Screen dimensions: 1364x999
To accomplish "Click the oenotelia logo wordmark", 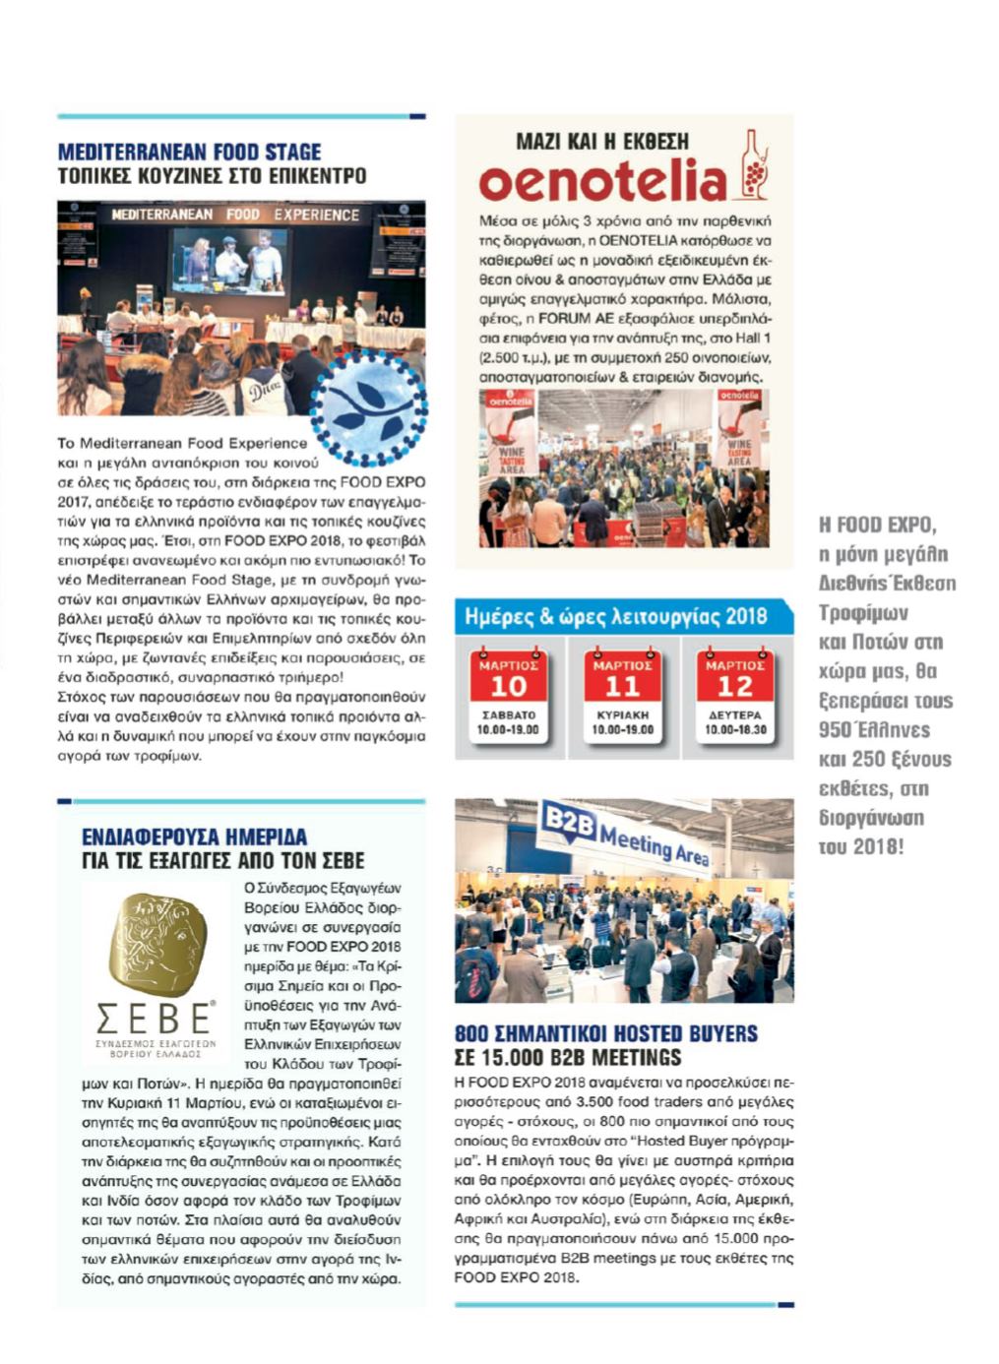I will [x=602, y=182].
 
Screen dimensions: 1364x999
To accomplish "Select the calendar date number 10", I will [x=508, y=686].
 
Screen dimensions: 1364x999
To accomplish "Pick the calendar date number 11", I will [x=622, y=686].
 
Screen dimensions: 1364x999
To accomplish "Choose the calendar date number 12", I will [x=735, y=686].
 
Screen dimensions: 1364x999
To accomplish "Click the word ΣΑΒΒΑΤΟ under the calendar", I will [x=508, y=715].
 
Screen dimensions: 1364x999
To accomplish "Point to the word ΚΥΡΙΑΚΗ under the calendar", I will [x=622, y=715].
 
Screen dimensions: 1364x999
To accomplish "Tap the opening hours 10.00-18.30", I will [x=735, y=730].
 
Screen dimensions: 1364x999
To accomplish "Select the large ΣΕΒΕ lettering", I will [x=155, y=1017].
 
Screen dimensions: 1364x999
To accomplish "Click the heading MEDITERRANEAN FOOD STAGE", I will [x=189, y=153].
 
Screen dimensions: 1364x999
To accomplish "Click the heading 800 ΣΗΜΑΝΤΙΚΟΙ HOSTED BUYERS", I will [x=606, y=1033].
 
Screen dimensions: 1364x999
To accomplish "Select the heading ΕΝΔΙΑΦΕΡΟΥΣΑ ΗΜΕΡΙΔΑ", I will [x=194, y=837].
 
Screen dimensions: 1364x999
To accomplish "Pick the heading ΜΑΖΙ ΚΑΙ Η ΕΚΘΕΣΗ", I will [x=602, y=142].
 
